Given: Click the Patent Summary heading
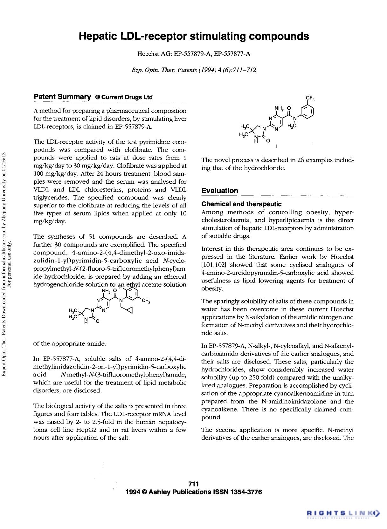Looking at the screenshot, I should click(62, 97).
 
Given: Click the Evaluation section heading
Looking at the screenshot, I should click(220, 191).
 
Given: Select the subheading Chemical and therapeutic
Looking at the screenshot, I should click(241, 204).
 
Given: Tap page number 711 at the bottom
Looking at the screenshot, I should click(193, 484).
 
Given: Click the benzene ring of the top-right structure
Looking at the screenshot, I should click(307, 112).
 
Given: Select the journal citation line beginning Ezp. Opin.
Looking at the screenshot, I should click(194, 70).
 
